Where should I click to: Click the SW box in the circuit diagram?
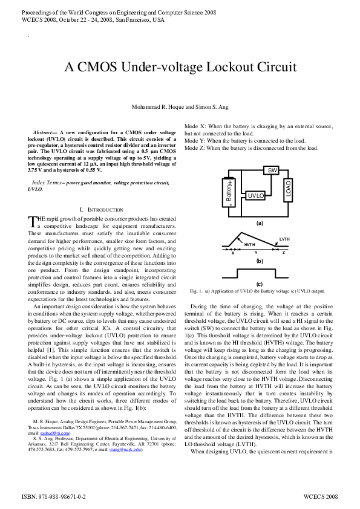point(273,171)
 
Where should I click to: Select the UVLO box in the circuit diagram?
point(257,196)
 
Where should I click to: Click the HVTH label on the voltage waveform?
point(249,244)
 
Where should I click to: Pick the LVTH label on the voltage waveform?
point(284,239)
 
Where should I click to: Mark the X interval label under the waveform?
point(233,253)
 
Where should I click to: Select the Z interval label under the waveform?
point(284,253)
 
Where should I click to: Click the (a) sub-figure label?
point(260,223)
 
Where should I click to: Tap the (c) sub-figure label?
point(260,284)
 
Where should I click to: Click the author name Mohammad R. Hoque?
point(157,107)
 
